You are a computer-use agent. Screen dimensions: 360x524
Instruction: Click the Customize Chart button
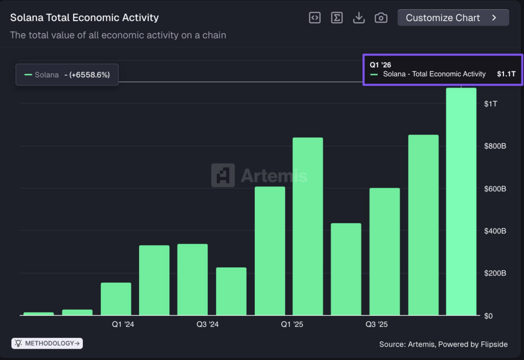point(453,17)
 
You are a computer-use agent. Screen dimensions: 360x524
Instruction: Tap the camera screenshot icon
point(381,17)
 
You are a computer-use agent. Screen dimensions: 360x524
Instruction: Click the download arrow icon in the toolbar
point(359,17)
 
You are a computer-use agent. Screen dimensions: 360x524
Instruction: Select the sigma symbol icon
point(337,17)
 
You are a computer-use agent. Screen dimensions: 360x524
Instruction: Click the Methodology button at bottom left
point(47,343)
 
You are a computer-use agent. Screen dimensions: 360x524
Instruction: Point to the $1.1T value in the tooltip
point(506,74)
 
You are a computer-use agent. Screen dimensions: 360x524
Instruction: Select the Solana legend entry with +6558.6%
point(67,75)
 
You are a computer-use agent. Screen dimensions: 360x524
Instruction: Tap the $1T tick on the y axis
point(490,104)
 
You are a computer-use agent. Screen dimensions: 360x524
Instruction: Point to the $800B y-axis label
point(495,146)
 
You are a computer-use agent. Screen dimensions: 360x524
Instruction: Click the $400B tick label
point(495,231)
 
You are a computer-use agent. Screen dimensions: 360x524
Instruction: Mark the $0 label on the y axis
point(489,316)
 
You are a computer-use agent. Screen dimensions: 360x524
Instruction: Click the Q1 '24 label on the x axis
point(123,325)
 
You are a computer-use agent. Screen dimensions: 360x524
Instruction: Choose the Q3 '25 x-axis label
point(376,325)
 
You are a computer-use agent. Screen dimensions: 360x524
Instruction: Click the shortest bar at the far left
point(38,313)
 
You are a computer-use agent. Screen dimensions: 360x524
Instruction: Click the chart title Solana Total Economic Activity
point(84,17)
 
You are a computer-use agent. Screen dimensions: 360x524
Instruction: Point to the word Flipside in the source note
point(494,344)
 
